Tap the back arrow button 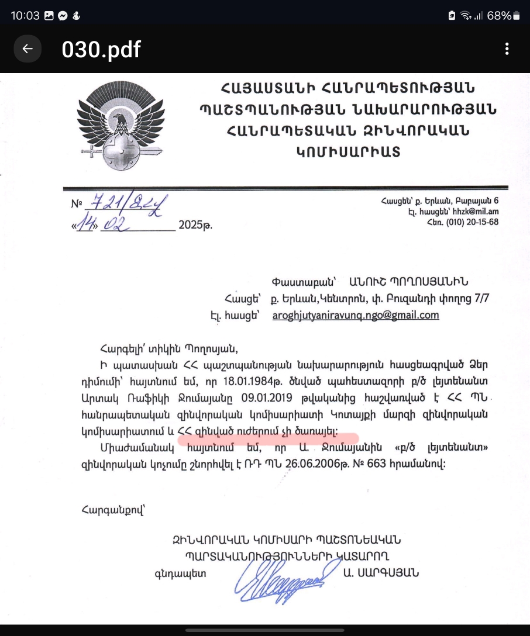(27, 49)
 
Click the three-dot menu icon (507, 49)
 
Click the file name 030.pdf (101, 50)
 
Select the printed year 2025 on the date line (195, 224)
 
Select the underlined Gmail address (355, 315)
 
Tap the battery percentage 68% (498, 16)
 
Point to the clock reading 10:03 (25, 16)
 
